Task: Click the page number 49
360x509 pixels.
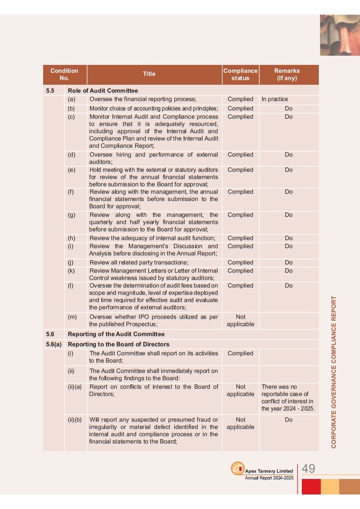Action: pyautogui.click(x=308, y=468)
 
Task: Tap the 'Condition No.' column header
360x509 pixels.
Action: pyautogui.click(x=64, y=74)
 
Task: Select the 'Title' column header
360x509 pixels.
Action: pyautogui.click(x=149, y=74)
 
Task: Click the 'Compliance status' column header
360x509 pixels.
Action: pyautogui.click(x=240, y=74)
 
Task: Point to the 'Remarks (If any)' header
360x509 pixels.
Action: pyautogui.click(x=289, y=74)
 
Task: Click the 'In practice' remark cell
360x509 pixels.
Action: pyautogui.click(x=275, y=99)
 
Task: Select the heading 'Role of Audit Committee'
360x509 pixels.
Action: pyautogui.click(x=103, y=91)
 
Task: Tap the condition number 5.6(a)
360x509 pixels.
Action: pyautogui.click(x=54, y=344)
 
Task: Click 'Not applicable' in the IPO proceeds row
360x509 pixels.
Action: pyautogui.click(x=240, y=321)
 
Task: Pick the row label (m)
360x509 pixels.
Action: pyautogui.click(x=72, y=317)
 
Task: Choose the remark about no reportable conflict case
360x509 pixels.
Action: pyautogui.click(x=288, y=398)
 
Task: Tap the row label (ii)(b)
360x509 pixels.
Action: pyautogui.click(x=75, y=420)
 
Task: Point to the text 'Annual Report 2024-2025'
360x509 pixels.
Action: pyautogui.click(x=269, y=478)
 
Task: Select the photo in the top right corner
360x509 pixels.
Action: pyautogui.click(x=340, y=35)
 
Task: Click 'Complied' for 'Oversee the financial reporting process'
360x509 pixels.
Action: pyautogui.click(x=240, y=99)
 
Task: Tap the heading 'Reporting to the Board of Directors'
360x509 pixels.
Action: pyautogui.click(x=119, y=344)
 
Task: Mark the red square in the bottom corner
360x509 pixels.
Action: pyautogui.click(x=311, y=486)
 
